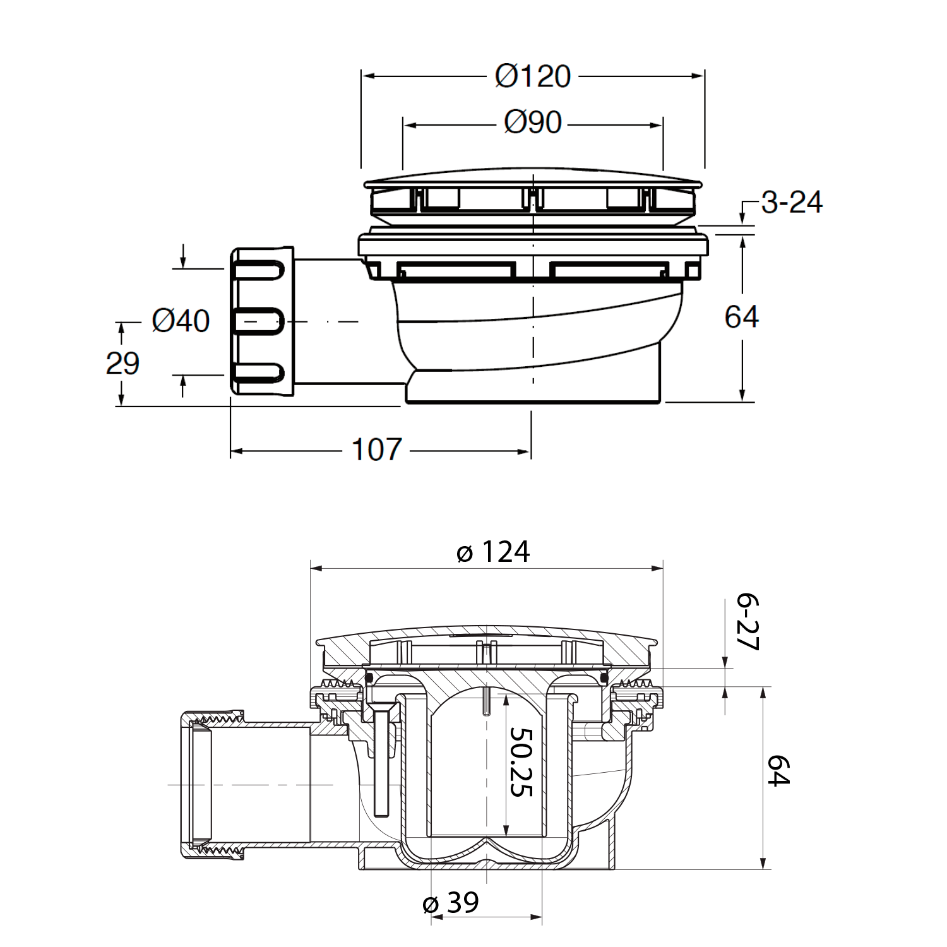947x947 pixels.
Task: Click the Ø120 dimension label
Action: (532, 76)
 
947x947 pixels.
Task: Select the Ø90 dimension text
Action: (532, 122)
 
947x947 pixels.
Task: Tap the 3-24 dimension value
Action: (792, 203)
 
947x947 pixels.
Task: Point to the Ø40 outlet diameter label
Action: (181, 321)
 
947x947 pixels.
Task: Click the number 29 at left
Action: (122, 364)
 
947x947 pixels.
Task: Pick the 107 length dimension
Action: (376, 450)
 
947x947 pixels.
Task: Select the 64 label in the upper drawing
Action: (741, 316)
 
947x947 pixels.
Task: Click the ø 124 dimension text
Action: (493, 552)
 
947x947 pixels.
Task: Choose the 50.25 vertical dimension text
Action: (521, 762)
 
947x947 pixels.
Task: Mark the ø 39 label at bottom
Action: (451, 903)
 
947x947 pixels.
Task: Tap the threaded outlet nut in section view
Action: (211, 785)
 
